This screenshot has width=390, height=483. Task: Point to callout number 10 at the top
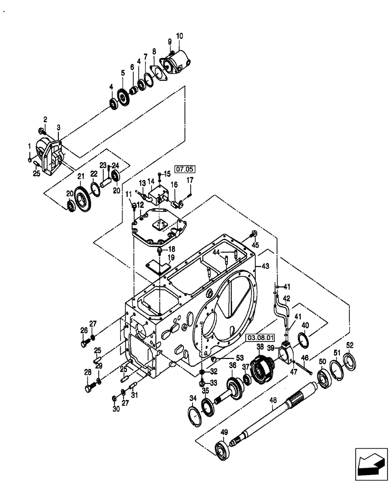tap(180, 36)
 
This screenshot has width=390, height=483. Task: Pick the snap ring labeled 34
tap(193, 414)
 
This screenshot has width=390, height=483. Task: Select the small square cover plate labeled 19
tap(155, 267)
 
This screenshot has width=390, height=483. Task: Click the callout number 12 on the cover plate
tap(140, 205)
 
